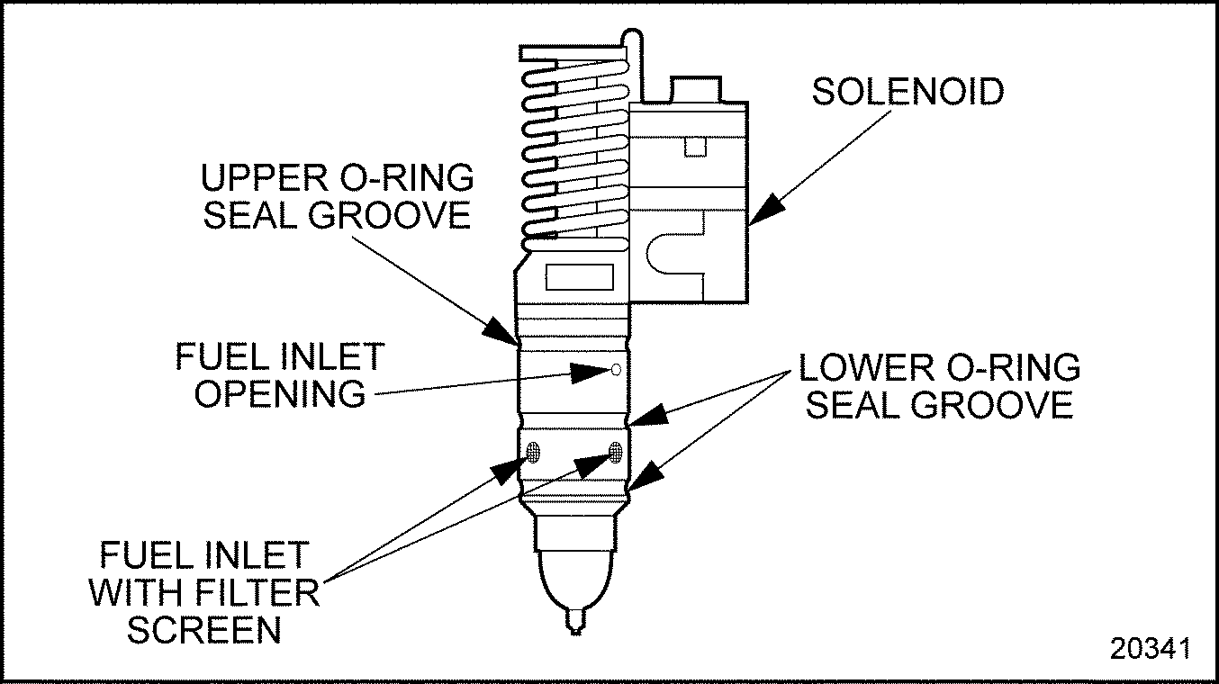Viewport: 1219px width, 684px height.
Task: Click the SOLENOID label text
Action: pos(907,92)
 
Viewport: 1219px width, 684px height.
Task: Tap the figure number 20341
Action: pos(1150,648)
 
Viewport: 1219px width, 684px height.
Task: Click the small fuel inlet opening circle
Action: pos(615,369)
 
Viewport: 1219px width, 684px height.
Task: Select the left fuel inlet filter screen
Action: pos(533,452)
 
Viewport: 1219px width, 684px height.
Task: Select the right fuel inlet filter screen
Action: pos(616,452)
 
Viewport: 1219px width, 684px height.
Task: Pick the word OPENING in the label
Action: pos(280,394)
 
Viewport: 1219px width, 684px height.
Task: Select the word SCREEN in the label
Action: pos(204,630)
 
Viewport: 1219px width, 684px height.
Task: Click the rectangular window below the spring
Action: pos(580,277)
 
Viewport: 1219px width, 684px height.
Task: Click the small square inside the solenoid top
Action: pos(693,146)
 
